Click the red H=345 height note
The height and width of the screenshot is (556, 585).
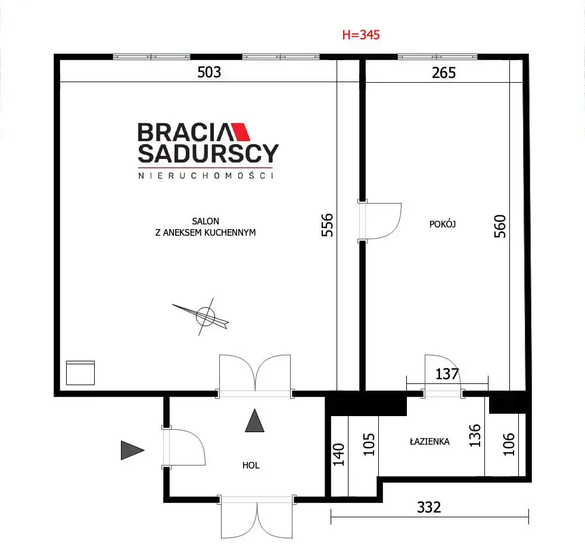pos(361,35)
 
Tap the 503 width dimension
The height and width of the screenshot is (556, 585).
pos(209,72)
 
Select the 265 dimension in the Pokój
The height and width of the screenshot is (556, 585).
pos(444,73)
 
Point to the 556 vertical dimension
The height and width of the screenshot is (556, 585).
pos(327,225)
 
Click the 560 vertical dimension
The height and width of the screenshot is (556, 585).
pos(500,226)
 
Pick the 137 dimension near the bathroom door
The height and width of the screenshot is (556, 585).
pos(447,374)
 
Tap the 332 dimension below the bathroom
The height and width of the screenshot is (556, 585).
pos(429,507)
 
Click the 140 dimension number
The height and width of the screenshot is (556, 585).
pos(338,455)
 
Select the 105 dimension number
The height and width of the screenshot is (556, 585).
pos(369,444)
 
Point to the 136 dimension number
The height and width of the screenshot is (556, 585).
pos(475,435)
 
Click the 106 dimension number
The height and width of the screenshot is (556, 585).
pos(509,444)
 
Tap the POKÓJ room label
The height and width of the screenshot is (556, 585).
pos(443,224)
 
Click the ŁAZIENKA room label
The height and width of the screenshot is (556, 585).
pos(430,442)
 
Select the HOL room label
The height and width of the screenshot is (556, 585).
pos(251,466)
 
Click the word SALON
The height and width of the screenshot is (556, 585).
pos(206,221)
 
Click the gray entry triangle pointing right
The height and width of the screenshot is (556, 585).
pos(132,450)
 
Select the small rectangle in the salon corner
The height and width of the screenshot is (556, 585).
pos(80,373)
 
